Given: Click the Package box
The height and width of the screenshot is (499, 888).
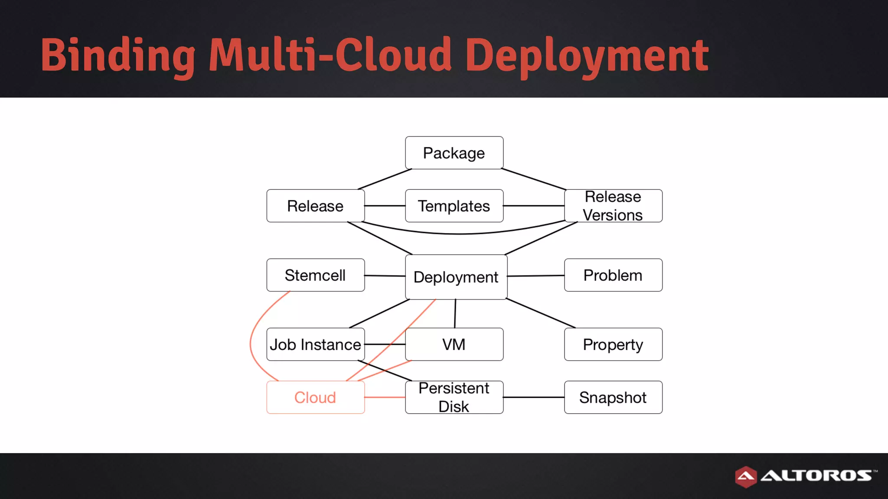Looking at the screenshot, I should click(454, 153).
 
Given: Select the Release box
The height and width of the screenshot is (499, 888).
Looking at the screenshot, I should click(315, 206).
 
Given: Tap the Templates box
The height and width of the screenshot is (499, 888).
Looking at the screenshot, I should click(454, 206).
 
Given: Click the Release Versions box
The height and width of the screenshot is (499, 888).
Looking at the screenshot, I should click(613, 206).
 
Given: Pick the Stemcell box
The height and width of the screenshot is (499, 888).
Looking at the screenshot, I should click(315, 275).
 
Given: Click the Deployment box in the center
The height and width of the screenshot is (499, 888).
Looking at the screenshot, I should click(456, 277).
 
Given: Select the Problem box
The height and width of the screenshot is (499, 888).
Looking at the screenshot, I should click(613, 275).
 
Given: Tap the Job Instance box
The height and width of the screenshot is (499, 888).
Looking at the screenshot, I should click(315, 344).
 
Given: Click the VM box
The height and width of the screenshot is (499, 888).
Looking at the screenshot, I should click(454, 344).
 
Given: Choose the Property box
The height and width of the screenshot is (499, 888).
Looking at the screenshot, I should click(613, 344).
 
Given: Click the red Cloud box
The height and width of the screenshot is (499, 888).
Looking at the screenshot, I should click(315, 397).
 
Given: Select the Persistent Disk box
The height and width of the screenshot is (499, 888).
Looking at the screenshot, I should click(454, 397).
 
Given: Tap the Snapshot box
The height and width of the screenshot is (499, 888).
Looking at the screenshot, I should click(613, 397).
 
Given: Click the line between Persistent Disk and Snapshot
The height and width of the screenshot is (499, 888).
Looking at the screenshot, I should click(534, 397).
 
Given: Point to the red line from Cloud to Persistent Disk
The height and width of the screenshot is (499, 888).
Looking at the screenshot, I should click(385, 397).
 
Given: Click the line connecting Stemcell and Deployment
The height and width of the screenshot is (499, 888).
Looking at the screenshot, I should click(385, 275).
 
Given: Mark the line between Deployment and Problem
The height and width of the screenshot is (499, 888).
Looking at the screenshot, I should click(536, 275).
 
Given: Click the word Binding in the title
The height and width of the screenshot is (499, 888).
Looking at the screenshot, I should click(118, 55).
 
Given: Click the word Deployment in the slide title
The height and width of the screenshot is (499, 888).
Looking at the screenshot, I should click(587, 55).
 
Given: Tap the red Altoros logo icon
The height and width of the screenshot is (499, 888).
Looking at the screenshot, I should click(746, 476).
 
